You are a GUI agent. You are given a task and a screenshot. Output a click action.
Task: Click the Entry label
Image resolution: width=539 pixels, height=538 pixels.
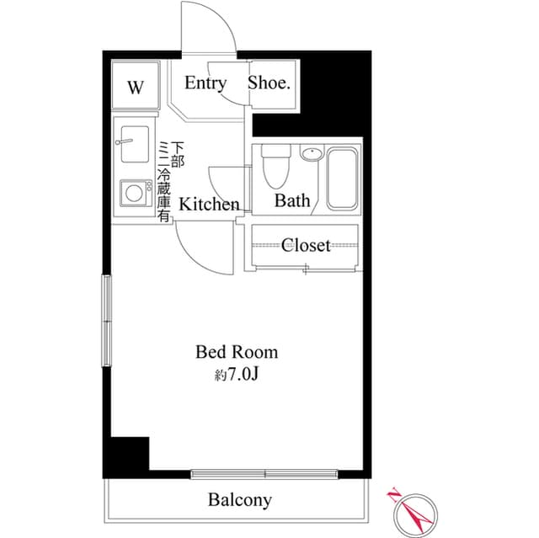205,83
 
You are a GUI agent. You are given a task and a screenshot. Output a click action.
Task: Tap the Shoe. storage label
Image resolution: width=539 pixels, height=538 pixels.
269,83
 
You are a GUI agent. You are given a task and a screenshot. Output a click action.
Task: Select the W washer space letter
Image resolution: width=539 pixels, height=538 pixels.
136,88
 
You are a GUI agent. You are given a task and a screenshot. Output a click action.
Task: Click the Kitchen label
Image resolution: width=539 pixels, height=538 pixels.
209,205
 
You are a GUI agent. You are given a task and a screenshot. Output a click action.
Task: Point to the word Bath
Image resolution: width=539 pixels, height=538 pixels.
292,200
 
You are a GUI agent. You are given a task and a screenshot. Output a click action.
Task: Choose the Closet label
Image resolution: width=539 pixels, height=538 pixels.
306,245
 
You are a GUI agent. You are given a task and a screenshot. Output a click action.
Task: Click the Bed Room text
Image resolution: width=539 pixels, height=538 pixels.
237,352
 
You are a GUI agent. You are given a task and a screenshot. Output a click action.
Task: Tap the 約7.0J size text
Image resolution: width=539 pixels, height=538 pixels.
236,376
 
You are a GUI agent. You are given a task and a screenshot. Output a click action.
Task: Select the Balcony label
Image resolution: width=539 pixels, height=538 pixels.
240,500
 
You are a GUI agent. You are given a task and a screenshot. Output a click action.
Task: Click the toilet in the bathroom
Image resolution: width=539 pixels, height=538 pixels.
276,166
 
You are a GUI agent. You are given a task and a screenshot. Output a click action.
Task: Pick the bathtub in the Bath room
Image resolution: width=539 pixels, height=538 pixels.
342,178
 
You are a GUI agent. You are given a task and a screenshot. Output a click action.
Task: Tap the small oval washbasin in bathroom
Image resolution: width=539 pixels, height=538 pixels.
312,153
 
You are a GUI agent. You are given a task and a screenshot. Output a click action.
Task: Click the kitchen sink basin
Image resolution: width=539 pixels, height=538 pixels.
135,144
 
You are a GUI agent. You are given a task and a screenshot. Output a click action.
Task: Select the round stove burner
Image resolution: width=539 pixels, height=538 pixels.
134,193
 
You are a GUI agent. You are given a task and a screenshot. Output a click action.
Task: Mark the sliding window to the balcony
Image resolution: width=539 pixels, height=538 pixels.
264,475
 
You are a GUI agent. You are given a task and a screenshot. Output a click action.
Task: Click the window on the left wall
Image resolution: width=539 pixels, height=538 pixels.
107,321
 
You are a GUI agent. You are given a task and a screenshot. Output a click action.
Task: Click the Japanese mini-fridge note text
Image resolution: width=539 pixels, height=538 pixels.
171,181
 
